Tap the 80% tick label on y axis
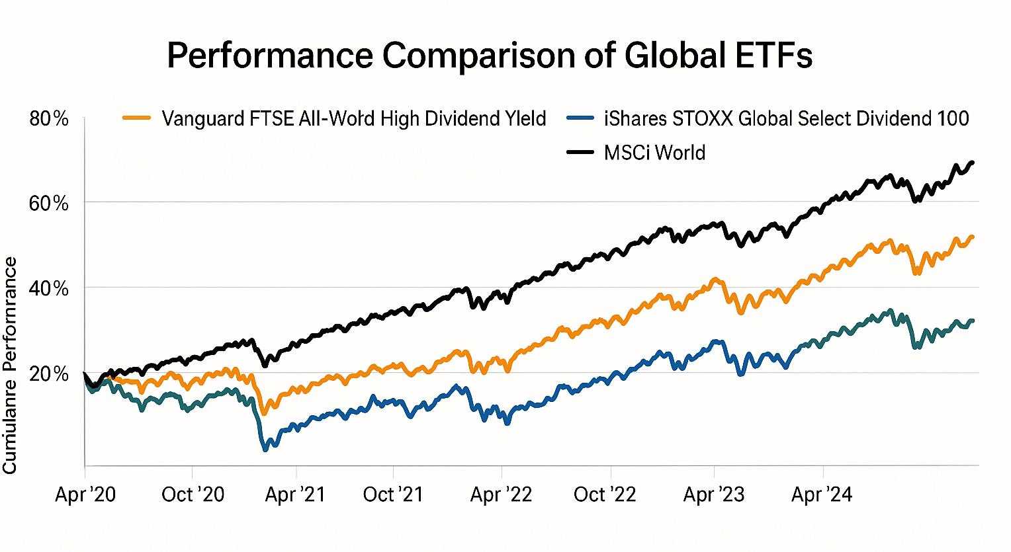[50, 119]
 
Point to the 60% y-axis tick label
[50, 203]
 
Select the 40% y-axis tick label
[50, 289]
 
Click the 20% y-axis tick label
[50, 374]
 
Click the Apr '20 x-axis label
[85, 494]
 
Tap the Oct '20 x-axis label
[192, 494]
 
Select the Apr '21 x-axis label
[295, 494]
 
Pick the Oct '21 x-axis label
[393, 494]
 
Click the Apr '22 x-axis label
[501, 494]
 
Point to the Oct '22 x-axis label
[605, 494]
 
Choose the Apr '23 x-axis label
[714, 494]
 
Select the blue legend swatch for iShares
[583, 119]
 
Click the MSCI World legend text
[654, 153]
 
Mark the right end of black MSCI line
[973, 162]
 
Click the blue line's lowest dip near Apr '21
[266, 449]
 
